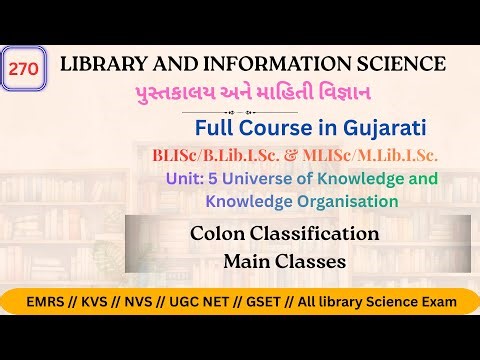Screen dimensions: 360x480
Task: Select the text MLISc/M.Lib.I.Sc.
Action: point(372,156)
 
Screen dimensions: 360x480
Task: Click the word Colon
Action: point(215,234)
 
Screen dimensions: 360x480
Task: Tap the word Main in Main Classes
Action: point(247,262)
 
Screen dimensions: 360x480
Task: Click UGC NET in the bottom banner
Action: point(201,300)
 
